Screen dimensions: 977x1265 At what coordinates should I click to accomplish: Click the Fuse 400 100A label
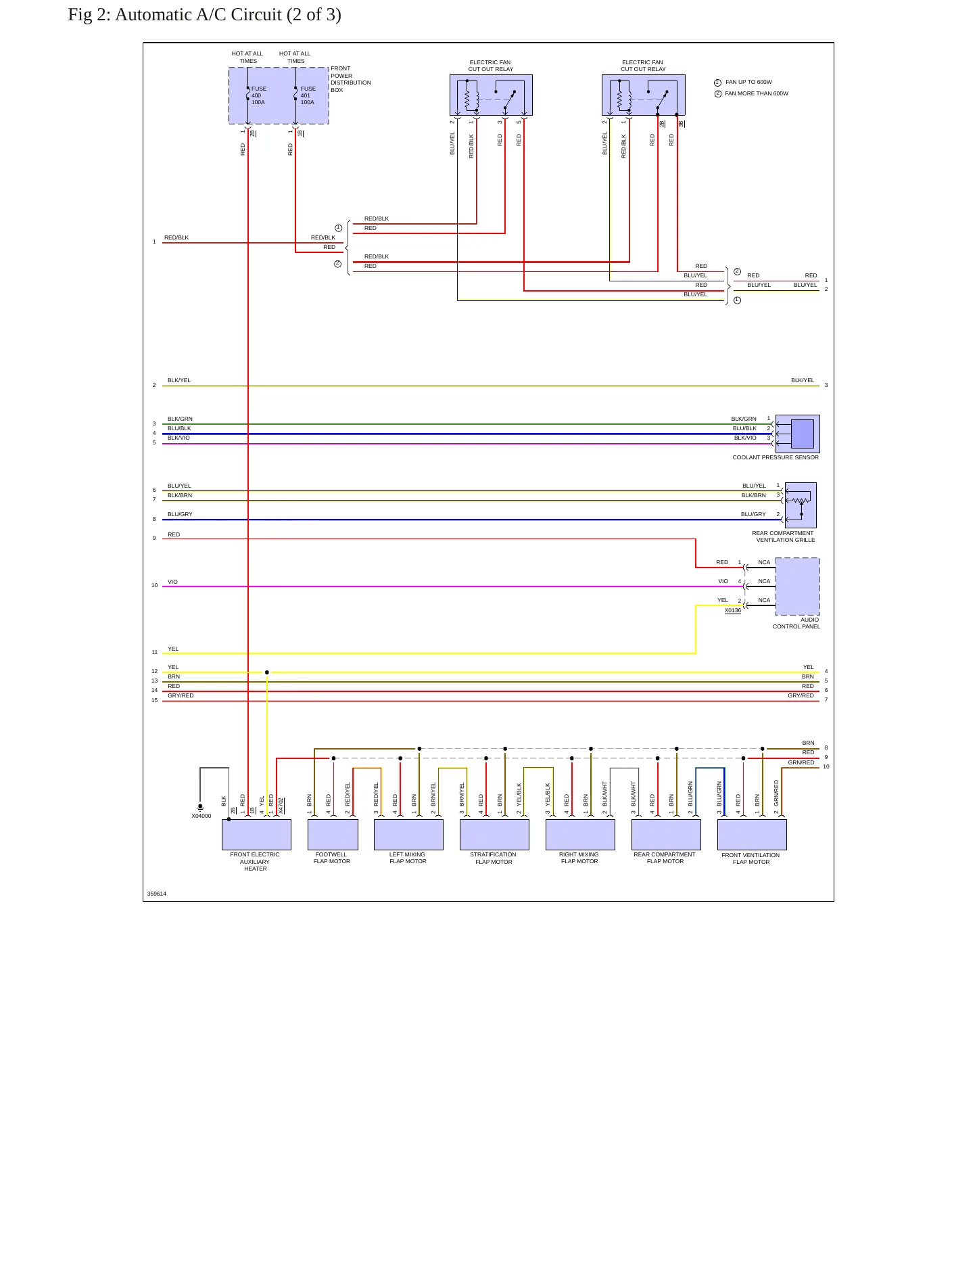259,95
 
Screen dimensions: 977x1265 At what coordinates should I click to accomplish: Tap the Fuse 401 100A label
308,95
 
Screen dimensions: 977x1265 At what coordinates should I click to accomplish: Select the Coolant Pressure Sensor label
776,457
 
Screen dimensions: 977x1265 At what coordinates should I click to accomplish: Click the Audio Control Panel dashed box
797,586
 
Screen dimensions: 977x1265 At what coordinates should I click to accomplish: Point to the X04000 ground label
201,816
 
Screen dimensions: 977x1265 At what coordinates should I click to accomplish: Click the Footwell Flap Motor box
333,835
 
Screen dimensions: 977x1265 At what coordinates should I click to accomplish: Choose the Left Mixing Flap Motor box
408,835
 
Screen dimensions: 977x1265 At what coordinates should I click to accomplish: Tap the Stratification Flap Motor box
494,835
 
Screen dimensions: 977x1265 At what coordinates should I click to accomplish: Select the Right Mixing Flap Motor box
580,835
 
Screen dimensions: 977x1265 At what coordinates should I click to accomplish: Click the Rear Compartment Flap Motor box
666,835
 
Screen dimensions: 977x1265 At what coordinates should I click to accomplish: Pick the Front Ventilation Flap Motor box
752,835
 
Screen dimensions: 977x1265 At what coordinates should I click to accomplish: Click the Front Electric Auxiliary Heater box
256,835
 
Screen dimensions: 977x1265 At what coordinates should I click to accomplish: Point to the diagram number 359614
157,894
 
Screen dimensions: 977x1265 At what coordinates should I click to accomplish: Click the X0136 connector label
733,610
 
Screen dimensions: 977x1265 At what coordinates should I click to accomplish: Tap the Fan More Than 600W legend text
757,93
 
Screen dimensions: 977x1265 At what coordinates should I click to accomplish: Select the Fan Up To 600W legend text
748,82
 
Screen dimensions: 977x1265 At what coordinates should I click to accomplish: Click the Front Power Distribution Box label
351,79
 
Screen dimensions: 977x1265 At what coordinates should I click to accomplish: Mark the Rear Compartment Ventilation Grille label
784,536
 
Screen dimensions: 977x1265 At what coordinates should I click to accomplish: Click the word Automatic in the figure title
153,14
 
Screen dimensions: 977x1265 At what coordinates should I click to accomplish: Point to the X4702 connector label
281,805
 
